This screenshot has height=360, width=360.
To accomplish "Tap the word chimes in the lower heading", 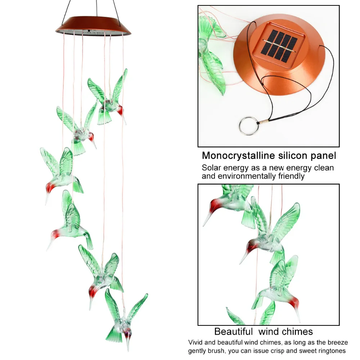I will click(295, 331).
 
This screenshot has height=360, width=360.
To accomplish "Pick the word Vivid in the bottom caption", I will click(196, 342).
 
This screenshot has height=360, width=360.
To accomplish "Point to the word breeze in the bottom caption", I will click(336, 342).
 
